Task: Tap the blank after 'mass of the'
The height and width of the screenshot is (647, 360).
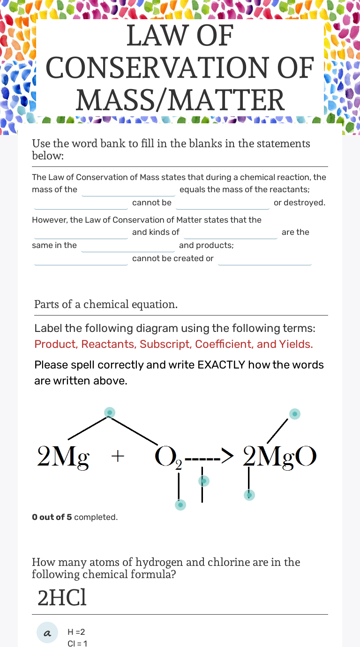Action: coord(128,190)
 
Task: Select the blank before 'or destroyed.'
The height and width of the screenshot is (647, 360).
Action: coord(222,203)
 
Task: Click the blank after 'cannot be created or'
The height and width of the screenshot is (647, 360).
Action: coord(264,259)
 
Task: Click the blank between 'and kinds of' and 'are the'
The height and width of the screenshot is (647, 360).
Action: coord(231,233)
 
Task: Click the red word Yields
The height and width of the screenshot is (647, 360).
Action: coord(296,344)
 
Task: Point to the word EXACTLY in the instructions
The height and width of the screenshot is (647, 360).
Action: coord(221,365)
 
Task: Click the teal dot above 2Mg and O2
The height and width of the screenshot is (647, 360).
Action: coord(109,413)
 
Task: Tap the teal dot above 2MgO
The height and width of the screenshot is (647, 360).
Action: coord(294,414)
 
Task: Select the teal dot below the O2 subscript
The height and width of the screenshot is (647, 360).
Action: coord(180,504)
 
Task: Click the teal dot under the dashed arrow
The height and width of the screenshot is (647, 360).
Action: coord(203,481)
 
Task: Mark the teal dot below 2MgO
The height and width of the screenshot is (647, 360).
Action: coord(249,495)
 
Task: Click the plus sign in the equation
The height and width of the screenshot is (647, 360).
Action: coord(118,456)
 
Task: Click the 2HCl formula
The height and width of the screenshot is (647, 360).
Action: coord(62,598)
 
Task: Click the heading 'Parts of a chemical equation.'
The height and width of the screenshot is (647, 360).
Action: coord(106,304)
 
